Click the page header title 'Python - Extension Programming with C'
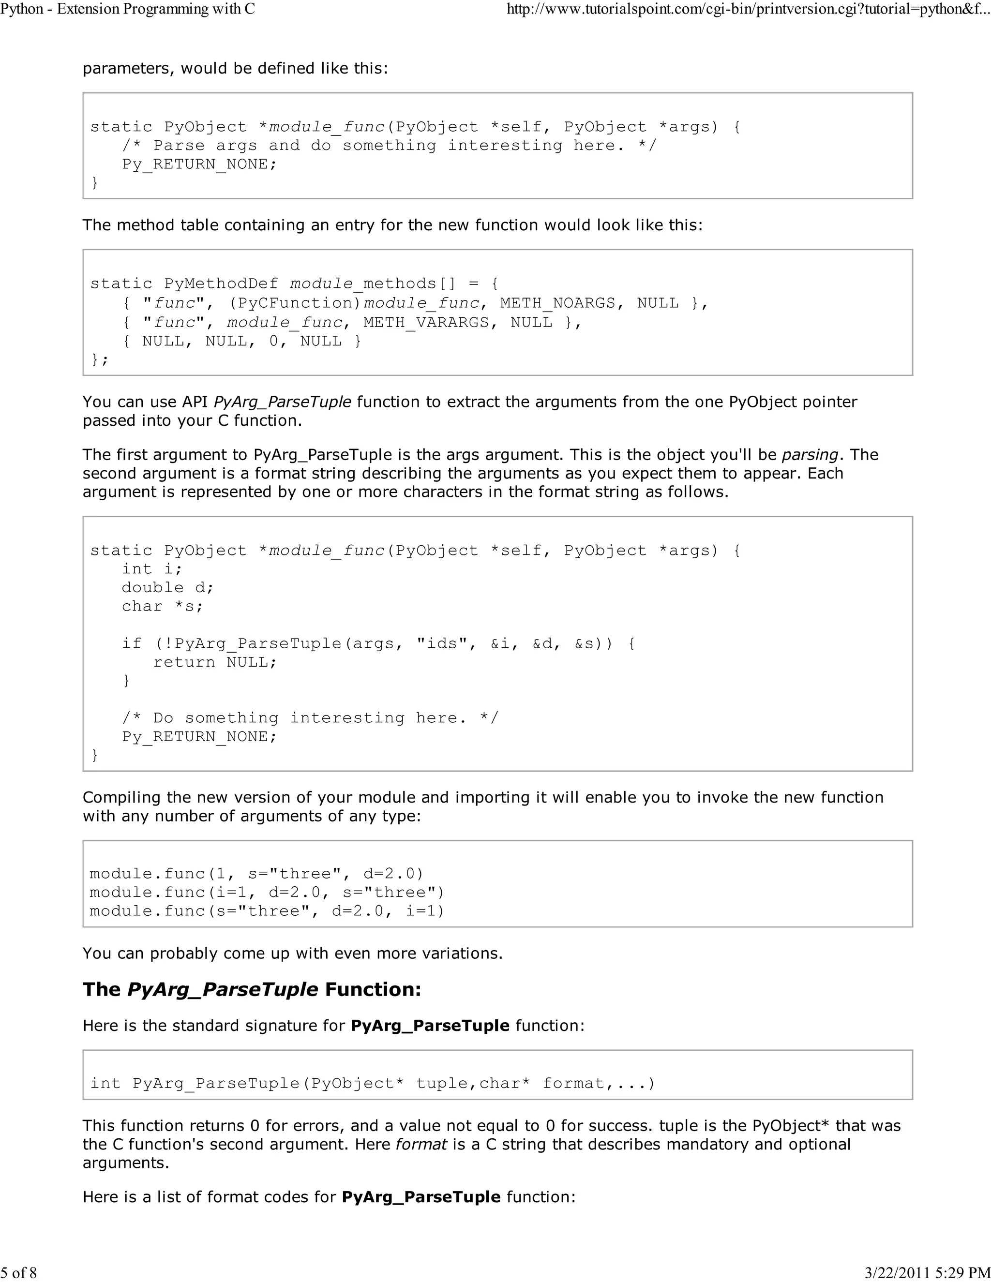point(127,9)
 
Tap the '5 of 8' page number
point(19,1272)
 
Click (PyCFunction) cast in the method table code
point(295,303)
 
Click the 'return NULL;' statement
point(215,662)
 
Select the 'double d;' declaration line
point(167,588)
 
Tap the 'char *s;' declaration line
point(162,606)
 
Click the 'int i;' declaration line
point(152,569)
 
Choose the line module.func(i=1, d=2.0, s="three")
point(267,892)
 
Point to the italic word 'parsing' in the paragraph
point(810,454)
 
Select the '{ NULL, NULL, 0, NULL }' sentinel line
point(241,341)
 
